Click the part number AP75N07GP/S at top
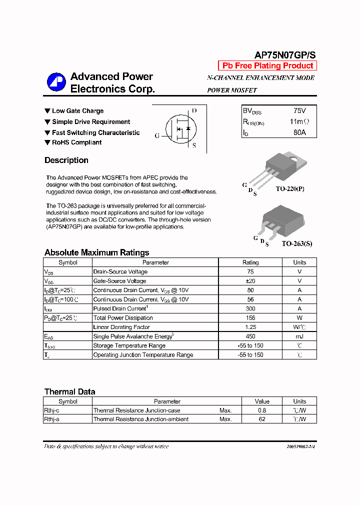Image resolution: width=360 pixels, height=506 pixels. click(x=285, y=55)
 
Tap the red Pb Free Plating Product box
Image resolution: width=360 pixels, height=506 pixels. click(x=267, y=66)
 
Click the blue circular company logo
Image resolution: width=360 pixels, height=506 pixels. click(x=56, y=82)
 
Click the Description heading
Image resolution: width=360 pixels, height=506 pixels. click(x=66, y=160)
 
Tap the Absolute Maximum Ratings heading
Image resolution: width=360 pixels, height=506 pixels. click(x=96, y=252)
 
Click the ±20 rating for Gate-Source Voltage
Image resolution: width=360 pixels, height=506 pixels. click(x=250, y=281)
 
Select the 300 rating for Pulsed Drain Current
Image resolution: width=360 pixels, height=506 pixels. click(x=250, y=308)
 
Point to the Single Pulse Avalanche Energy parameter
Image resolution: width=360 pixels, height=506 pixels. click(x=133, y=336)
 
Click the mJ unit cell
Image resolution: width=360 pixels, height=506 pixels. click(x=299, y=336)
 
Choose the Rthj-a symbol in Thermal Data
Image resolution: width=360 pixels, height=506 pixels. click(x=52, y=419)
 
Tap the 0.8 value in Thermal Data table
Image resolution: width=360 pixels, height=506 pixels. click(x=262, y=410)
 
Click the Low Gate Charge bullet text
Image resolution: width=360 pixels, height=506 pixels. click(x=77, y=111)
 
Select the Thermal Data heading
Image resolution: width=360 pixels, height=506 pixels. click(x=69, y=392)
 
